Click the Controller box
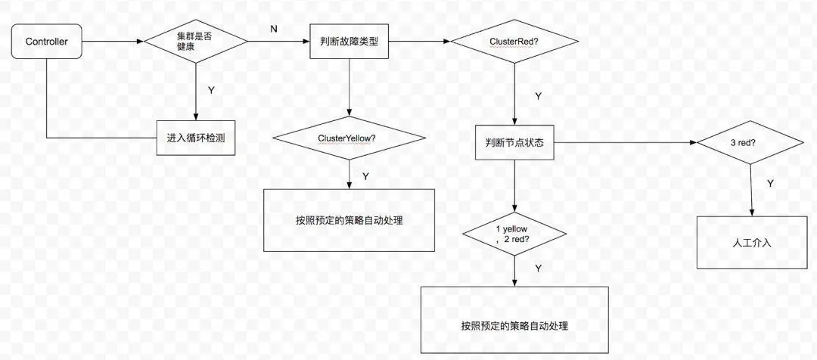pos(47,42)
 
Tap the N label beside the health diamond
pos(273,29)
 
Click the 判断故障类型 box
pos(349,42)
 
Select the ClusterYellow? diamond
pos(349,138)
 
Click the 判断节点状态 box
pos(514,141)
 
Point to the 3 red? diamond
pos(750,141)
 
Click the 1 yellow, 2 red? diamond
pos(514,234)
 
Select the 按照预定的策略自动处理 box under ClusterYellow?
pos(349,220)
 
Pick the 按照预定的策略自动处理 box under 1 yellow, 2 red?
pos(514,325)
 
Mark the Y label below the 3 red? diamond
pos(770,184)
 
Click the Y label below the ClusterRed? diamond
pos(537,96)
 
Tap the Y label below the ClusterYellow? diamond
pos(365,175)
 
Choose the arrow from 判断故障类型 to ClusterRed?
pos(419,42)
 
